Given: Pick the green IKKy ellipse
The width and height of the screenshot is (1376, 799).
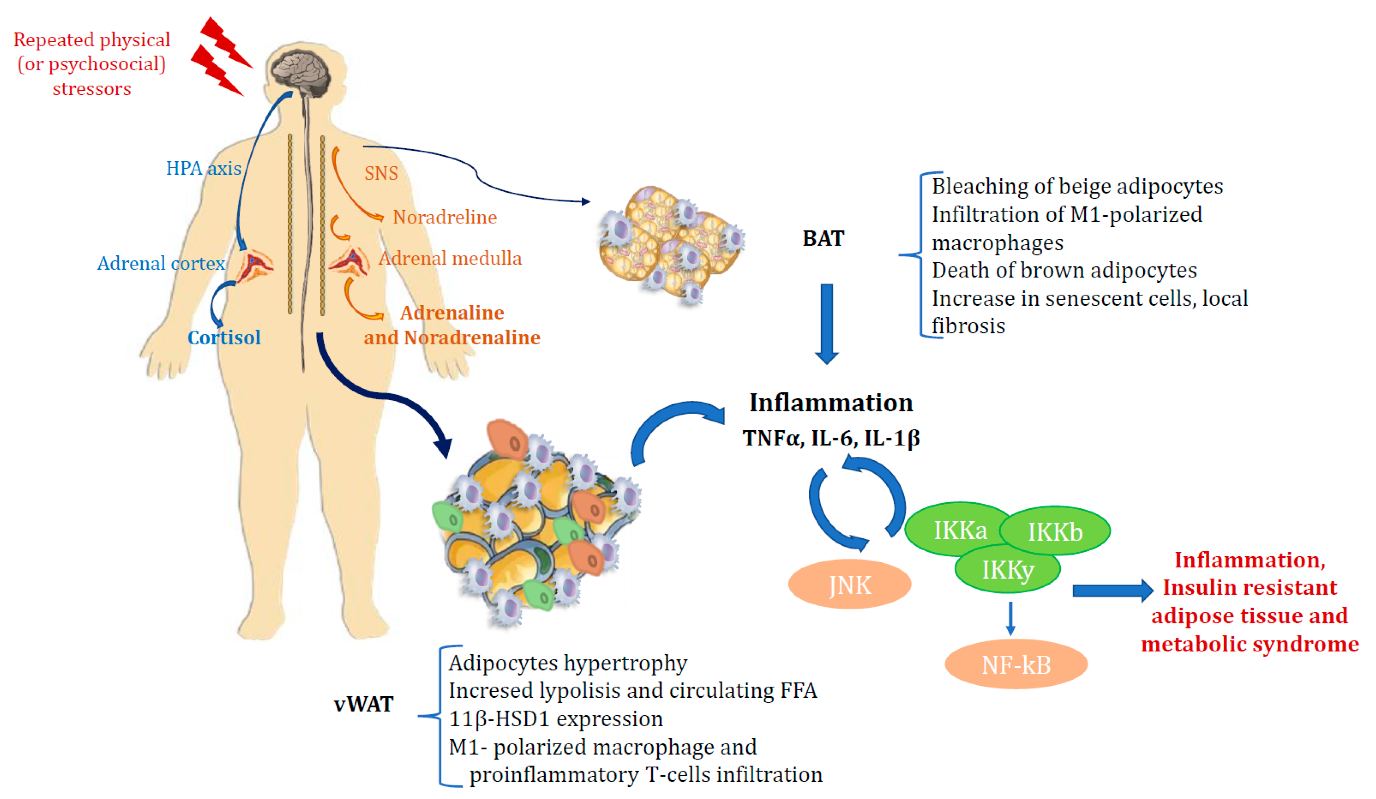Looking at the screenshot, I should click(1007, 569).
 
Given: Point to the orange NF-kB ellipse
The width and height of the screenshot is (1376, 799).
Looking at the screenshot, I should click(1016, 664).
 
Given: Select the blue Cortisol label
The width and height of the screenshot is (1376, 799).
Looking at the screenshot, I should click(224, 337).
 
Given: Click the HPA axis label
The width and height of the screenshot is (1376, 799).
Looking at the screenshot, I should click(203, 168).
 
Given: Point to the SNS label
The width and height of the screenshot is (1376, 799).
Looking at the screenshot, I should click(381, 173).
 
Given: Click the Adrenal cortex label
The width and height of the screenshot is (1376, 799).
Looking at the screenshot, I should click(161, 263).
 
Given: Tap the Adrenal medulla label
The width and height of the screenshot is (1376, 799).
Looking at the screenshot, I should click(450, 258).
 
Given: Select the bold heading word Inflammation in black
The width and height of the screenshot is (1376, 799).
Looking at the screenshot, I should click(830, 403).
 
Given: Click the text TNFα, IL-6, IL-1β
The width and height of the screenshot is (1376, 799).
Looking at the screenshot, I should click(830, 438).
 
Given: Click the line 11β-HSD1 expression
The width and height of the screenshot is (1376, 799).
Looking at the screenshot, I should click(555, 719).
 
